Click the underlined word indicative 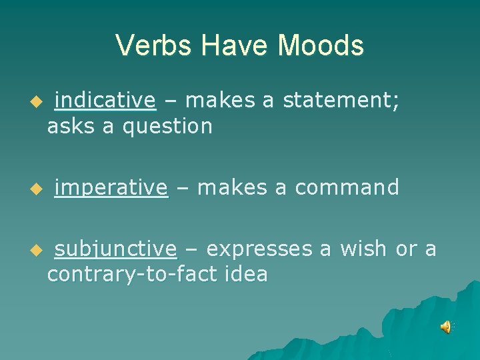(x=105, y=101)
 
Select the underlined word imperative (x=111, y=188)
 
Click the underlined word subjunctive (x=115, y=249)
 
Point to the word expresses (x=259, y=249)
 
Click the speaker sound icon (x=445, y=327)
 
